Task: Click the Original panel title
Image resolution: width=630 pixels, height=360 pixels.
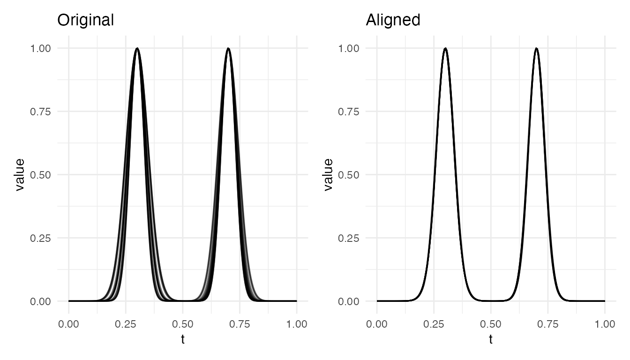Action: tap(85, 20)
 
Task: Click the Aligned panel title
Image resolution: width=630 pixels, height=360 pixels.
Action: tap(393, 20)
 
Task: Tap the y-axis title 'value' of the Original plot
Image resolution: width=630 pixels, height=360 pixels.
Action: tap(20, 174)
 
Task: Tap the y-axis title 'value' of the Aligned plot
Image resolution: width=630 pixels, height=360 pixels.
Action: tap(328, 174)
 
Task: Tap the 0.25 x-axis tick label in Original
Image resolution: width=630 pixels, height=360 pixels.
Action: tap(126, 324)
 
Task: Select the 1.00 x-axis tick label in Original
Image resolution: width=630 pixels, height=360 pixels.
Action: tap(297, 324)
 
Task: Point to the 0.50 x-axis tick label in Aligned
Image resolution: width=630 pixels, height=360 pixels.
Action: tap(491, 324)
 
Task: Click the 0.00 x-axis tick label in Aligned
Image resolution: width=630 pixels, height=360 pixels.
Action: tap(377, 324)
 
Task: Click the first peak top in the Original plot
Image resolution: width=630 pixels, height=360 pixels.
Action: tap(137, 48)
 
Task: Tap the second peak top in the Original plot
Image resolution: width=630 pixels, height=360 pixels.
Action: tap(228, 48)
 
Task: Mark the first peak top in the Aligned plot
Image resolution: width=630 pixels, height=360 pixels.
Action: tap(445, 48)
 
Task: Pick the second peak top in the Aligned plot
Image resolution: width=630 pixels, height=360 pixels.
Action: tap(536, 48)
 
